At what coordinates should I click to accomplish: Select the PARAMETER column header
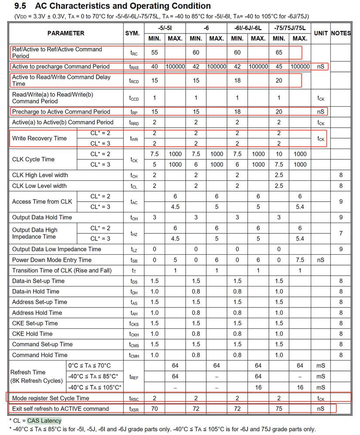(66, 33)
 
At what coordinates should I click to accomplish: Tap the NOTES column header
(340, 33)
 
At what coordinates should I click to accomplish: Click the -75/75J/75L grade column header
(290, 28)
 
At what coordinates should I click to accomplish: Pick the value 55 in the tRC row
(155, 52)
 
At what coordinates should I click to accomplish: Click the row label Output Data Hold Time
(42, 217)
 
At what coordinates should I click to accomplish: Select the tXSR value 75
(279, 408)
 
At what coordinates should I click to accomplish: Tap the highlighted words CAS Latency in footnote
(44, 421)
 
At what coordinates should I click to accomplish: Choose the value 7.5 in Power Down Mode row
(300, 260)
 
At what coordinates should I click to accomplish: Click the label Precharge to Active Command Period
(61, 111)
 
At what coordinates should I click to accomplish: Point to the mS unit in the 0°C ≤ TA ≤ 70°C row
(321, 366)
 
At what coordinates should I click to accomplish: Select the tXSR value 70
(155, 408)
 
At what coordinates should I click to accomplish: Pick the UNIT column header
(321, 33)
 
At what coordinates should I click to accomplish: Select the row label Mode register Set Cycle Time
(51, 398)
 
